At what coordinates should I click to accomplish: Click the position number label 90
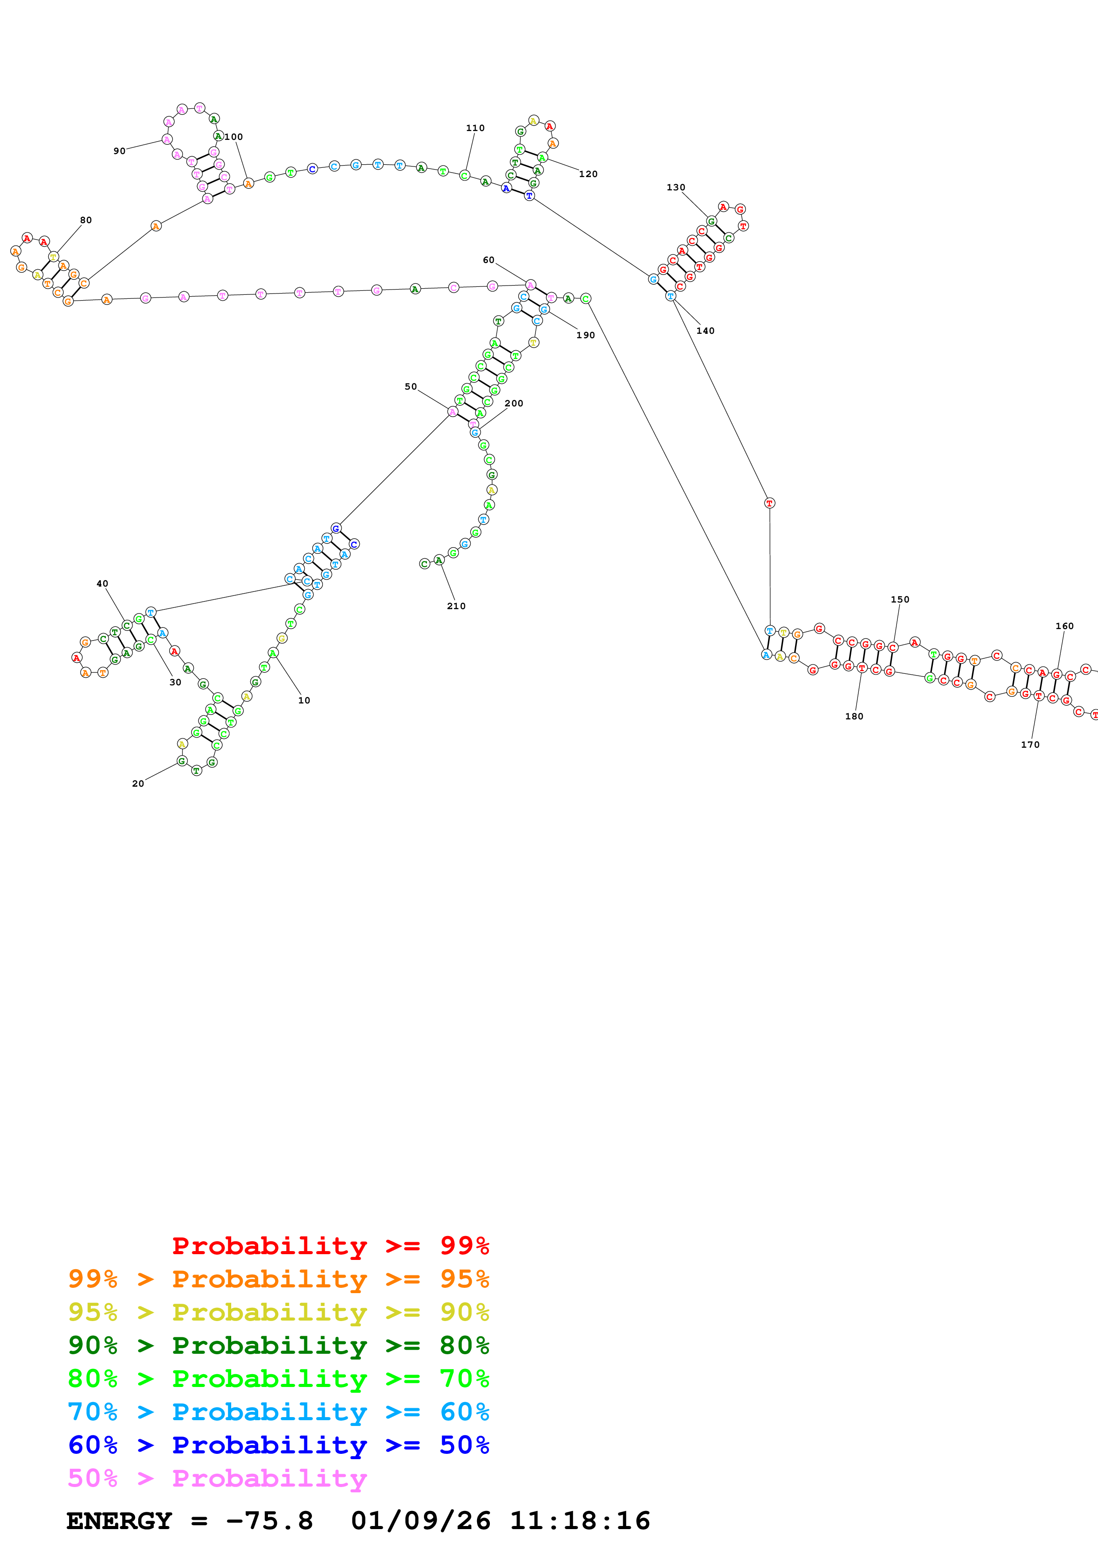[x=119, y=151]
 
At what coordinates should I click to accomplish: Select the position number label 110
[x=475, y=128]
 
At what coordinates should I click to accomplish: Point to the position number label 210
[x=456, y=606]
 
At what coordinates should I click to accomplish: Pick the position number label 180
[x=854, y=716]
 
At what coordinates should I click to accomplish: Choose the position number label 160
[x=1064, y=626]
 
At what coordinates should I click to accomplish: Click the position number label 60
[x=489, y=260]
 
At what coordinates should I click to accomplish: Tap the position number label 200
[x=513, y=403]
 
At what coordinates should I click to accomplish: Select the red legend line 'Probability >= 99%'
[x=330, y=1246]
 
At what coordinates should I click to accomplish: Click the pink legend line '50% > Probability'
[x=217, y=1479]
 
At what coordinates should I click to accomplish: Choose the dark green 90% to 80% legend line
[x=278, y=1345]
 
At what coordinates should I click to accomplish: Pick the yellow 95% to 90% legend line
[x=278, y=1312]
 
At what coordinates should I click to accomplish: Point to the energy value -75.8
[x=269, y=1521]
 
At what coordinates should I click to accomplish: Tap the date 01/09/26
[x=420, y=1521]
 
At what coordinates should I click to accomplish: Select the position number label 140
[x=705, y=331]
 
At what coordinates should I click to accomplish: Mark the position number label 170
[x=1030, y=745]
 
